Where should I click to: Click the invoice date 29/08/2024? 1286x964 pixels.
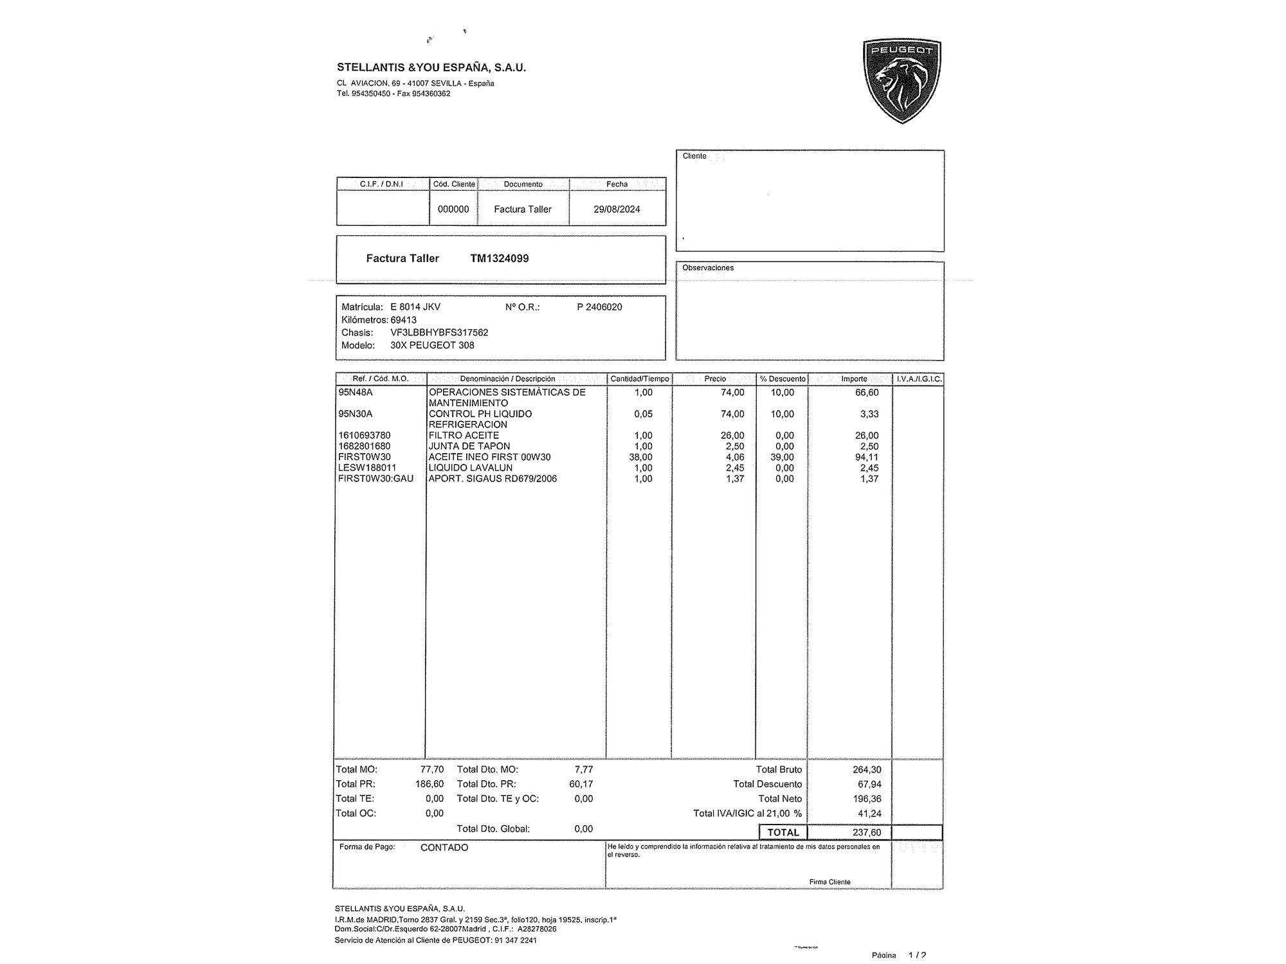coord(617,210)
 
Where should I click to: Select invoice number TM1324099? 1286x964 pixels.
coord(500,258)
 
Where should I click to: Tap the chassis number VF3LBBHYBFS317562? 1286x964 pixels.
coord(439,333)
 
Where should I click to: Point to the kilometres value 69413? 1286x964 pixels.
coord(403,320)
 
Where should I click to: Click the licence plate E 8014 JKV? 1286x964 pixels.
coord(415,307)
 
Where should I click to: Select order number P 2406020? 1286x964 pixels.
coord(599,307)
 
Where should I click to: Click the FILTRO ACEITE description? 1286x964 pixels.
coord(464,436)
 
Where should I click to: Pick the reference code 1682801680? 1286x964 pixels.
coord(365,447)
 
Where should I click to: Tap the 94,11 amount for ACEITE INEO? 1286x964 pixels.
coord(867,458)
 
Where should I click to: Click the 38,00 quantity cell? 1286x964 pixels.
coord(640,458)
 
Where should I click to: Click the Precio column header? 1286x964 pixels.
coord(715,379)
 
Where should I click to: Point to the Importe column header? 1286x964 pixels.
coord(854,379)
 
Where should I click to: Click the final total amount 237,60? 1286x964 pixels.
coord(867,833)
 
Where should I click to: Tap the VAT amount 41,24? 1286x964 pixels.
coord(869,814)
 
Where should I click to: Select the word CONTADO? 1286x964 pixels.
coord(444,848)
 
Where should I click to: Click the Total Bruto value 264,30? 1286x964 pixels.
coord(867,770)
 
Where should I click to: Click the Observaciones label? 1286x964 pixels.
coord(708,268)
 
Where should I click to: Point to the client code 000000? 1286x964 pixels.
coord(453,210)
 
